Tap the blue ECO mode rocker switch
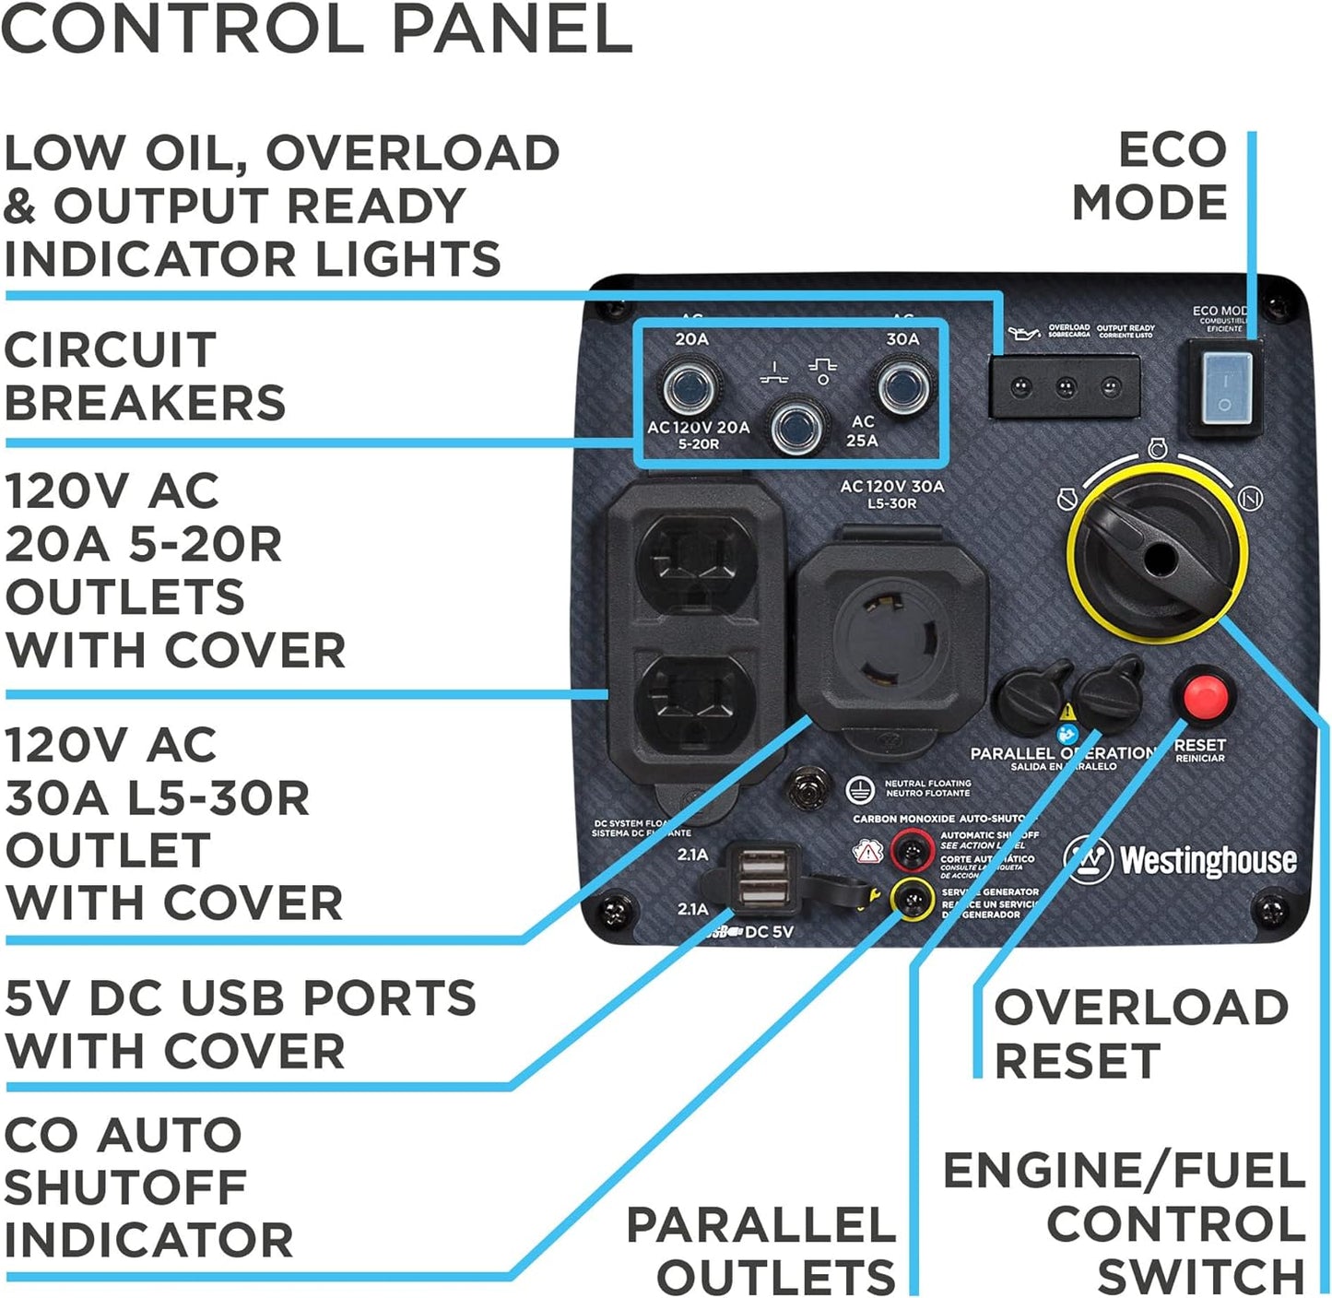tap(1222, 389)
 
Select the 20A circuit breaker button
tap(690, 387)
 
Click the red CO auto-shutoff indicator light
tap(912, 849)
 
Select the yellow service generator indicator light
tap(912, 896)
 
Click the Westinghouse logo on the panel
tap(1181, 859)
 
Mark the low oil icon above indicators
tap(1023, 332)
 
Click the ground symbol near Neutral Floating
tap(859, 789)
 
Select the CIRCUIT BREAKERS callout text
tap(145, 376)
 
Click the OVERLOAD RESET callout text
tap(1139, 1033)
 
